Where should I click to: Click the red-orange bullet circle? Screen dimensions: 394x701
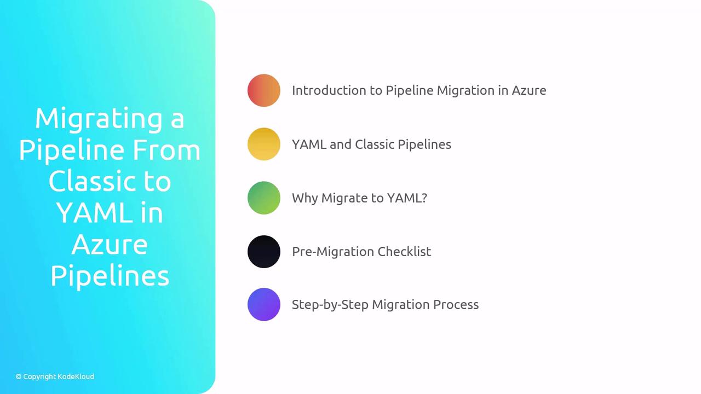click(263, 90)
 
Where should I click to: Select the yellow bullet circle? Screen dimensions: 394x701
click(263, 144)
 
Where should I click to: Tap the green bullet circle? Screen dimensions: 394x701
click(263, 198)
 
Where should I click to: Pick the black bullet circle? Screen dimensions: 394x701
click(263, 251)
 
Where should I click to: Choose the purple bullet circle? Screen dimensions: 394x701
click(263, 304)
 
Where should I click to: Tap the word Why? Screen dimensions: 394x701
click(304, 198)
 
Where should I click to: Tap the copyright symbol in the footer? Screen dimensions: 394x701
click(19, 376)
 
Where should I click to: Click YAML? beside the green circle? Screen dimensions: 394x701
click(407, 198)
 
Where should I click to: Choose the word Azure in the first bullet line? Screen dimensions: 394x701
click(528, 90)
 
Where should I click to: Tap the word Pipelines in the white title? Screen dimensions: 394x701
click(110, 276)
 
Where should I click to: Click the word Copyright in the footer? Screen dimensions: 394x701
click(39, 376)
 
